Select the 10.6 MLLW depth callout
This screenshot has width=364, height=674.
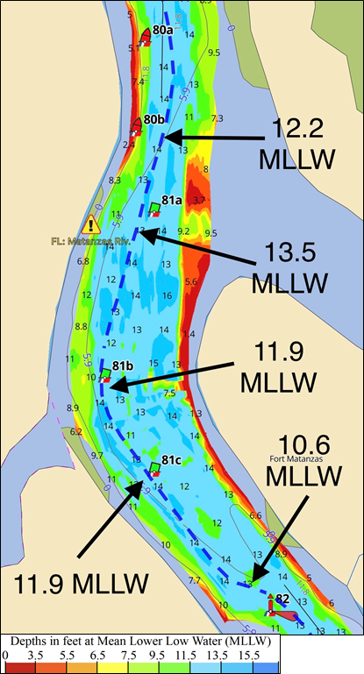307,460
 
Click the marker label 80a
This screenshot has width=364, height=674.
162,30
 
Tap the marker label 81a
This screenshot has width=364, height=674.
171,200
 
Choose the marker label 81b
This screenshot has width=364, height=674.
123,365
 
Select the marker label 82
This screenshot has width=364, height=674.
282,600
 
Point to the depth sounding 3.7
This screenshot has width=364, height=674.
199,201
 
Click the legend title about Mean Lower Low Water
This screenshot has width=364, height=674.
141,641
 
